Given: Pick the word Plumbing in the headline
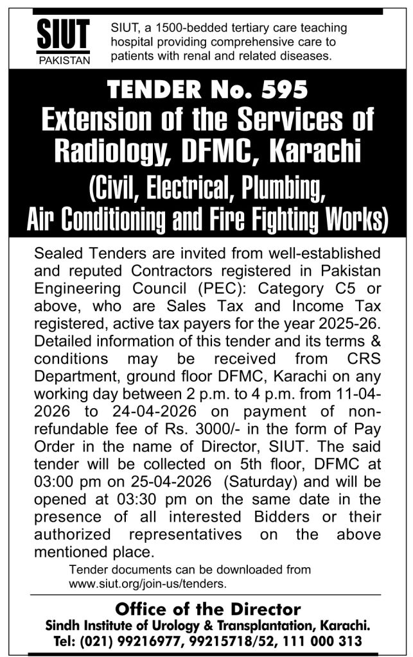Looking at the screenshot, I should click(276, 188).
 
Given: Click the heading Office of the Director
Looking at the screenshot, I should click(207, 608).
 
